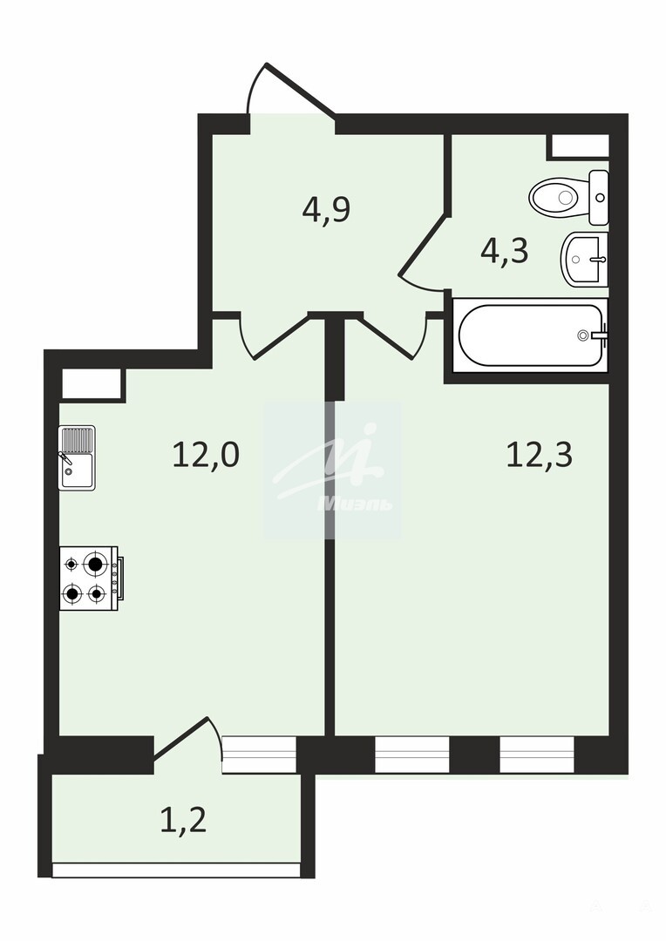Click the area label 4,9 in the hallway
326,211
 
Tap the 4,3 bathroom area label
505,252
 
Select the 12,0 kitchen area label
206,454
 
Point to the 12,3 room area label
540,454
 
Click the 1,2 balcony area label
183,820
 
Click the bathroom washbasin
584,260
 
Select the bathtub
531,335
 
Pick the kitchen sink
77,458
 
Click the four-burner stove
92,579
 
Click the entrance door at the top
292,90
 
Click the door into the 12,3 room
391,336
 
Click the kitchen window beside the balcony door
260,755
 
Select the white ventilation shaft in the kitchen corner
92,382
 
